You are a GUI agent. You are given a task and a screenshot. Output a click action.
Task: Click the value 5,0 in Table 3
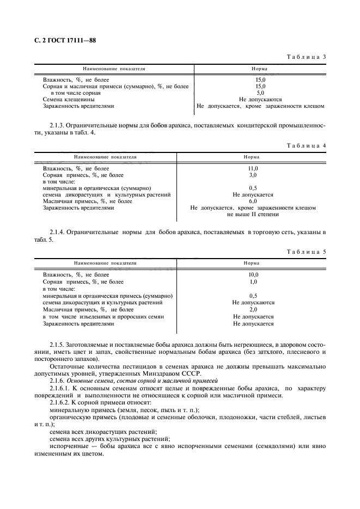tap(260, 93)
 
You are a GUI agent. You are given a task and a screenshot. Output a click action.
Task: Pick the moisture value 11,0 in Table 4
tap(253, 169)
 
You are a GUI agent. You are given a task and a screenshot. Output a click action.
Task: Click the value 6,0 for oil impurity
tap(253, 201)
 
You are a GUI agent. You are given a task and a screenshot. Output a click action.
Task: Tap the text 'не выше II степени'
tap(253, 214)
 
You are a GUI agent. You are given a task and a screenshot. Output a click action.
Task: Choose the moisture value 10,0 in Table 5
tap(253, 275)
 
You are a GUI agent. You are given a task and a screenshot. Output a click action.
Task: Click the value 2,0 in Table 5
tap(253, 309)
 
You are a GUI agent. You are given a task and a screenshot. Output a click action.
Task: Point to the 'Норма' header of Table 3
tap(259, 70)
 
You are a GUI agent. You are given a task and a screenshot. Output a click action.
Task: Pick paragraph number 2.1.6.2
tap(60, 402)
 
